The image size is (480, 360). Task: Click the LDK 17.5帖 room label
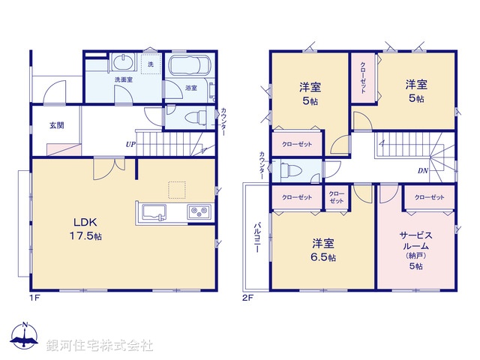87,228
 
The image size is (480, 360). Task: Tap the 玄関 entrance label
57,125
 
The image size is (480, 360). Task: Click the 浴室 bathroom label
191,88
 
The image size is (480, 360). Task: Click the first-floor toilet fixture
193,117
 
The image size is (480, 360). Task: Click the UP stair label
130,144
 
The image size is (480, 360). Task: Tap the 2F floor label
248,297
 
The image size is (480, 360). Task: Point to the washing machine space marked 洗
150,65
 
